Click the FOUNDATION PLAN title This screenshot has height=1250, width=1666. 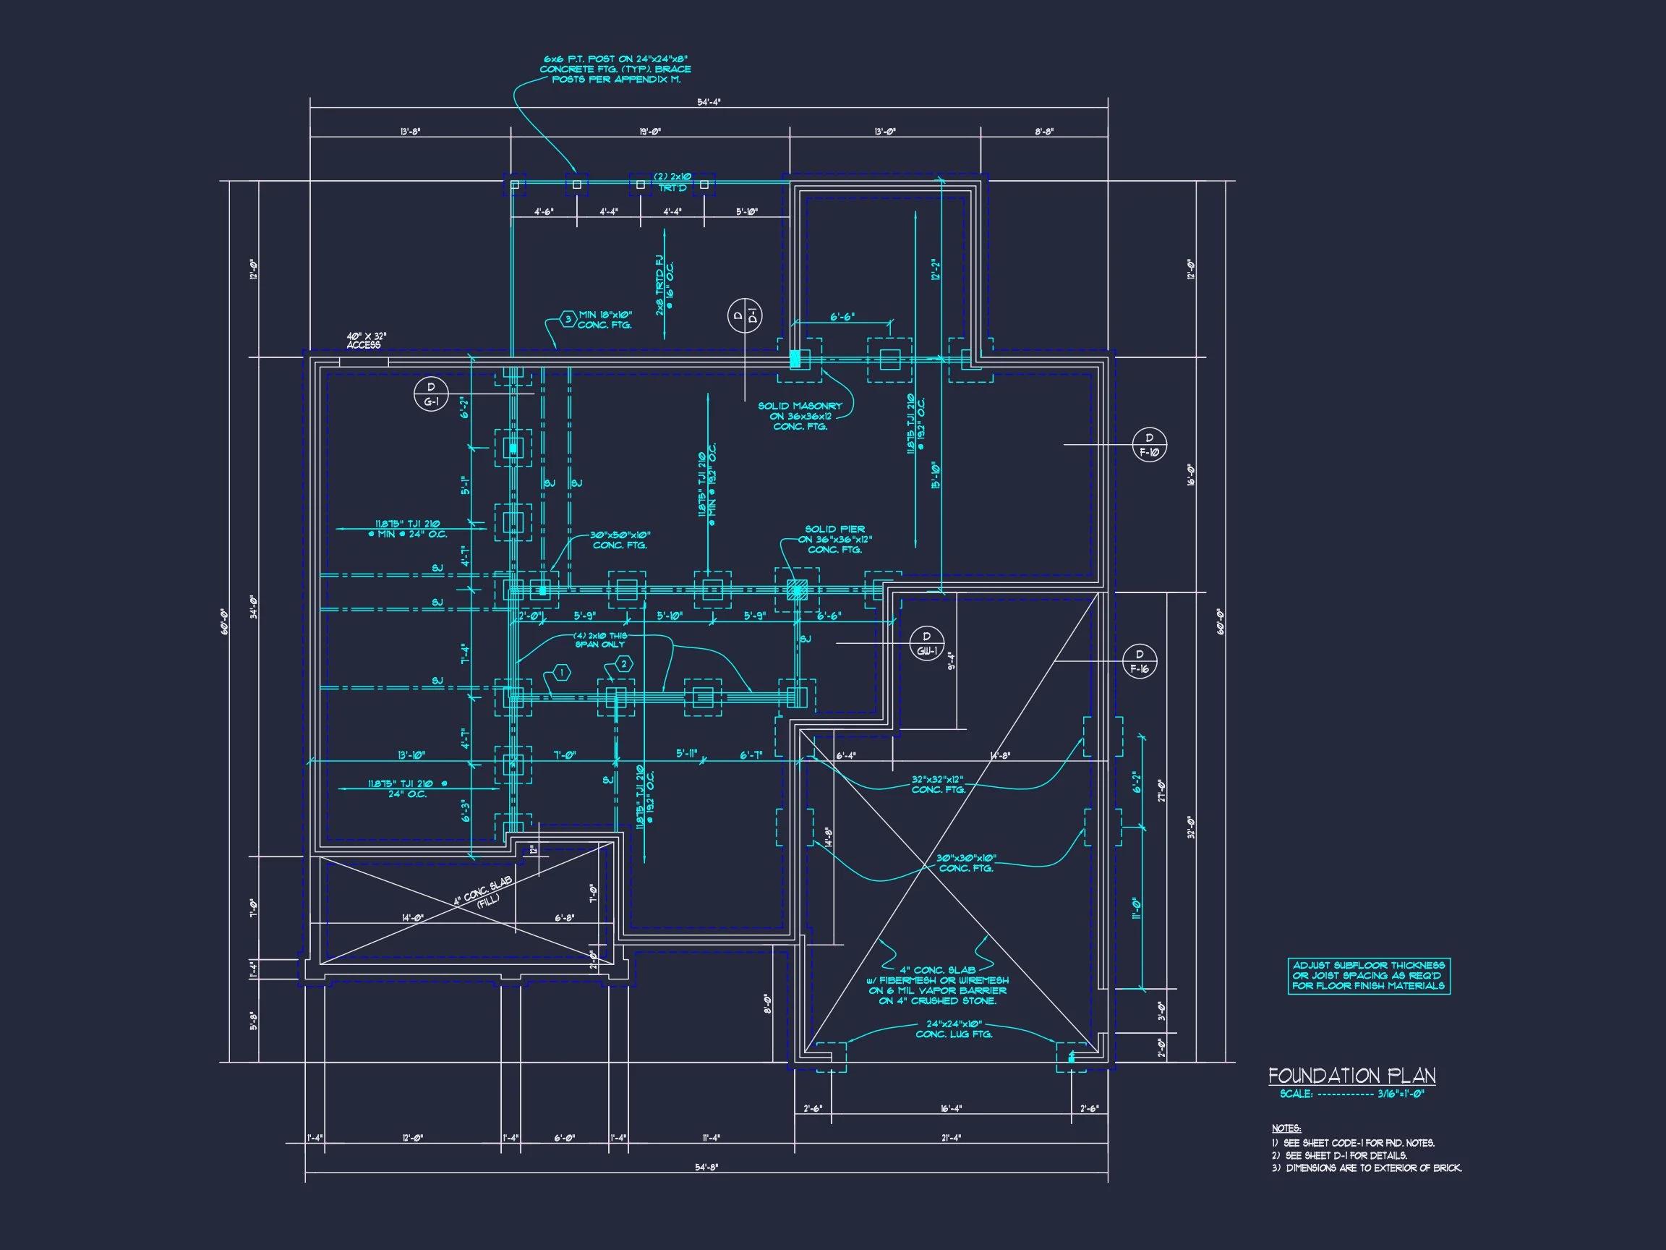(1351, 1075)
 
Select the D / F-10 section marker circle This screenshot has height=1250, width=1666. (1149, 446)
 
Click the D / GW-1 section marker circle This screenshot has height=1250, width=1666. (926, 644)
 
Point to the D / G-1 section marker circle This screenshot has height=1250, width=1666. (431, 395)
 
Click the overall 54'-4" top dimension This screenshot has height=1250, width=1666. (708, 102)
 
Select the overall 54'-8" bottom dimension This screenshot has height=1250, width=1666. (706, 1167)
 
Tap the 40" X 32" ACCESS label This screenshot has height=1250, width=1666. (366, 341)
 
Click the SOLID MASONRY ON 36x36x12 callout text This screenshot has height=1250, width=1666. (800, 416)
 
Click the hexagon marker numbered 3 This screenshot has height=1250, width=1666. (568, 319)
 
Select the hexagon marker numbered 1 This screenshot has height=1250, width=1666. (561, 671)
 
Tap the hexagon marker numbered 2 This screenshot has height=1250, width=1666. (623, 664)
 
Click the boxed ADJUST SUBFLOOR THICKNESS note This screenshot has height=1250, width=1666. (1369, 976)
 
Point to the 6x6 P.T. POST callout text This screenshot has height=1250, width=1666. (615, 69)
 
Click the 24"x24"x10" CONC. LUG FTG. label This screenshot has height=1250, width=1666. (954, 1029)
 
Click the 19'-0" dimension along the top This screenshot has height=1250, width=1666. (650, 132)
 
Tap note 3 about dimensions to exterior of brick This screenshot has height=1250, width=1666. (1366, 1168)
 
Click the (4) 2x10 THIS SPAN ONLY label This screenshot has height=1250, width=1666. (599, 639)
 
